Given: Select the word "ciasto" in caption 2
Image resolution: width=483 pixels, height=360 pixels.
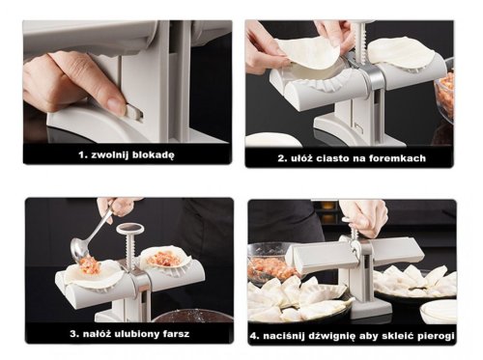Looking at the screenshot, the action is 332,158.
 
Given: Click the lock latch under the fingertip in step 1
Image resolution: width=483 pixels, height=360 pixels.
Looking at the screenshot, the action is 134,112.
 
